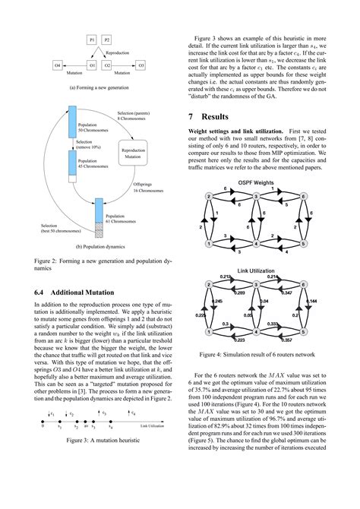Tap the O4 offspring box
(x=58, y=66)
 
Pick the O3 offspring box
(x=141, y=66)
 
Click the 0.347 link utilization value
(x=286, y=292)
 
